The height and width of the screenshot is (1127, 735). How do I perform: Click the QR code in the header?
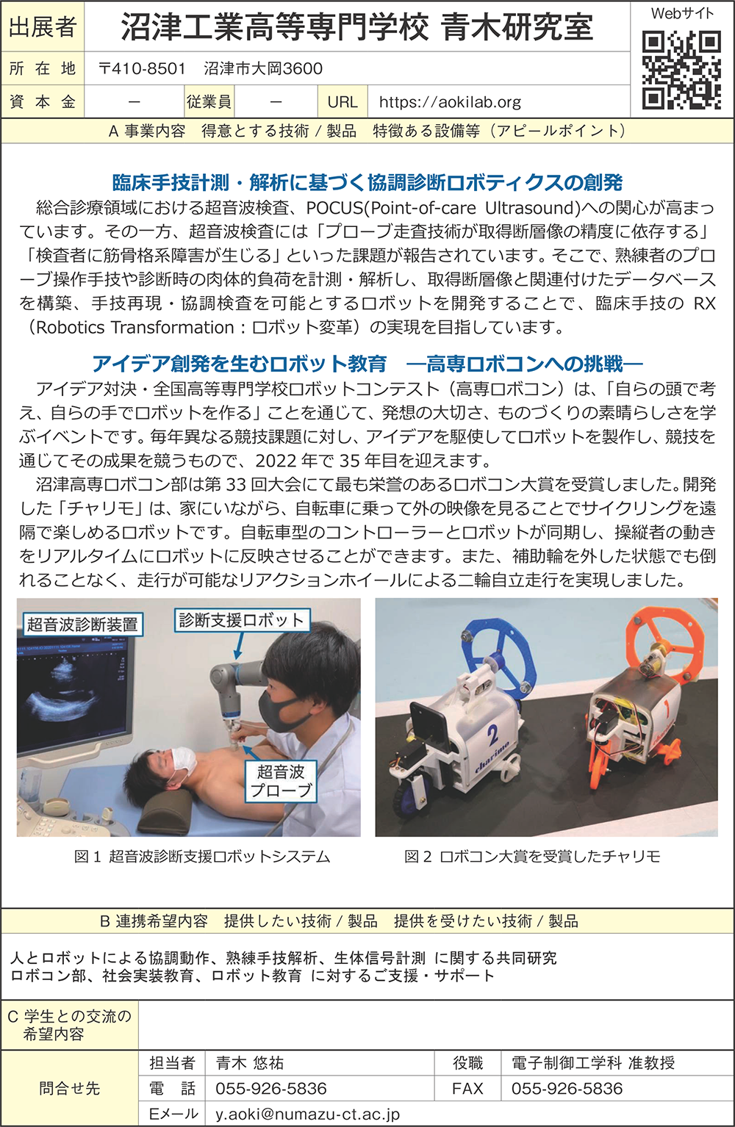[x=681, y=70]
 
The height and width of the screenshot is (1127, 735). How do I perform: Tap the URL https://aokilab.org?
[x=450, y=102]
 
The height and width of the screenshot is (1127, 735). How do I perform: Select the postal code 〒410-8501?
[x=143, y=68]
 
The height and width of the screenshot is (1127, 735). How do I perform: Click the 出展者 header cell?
[x=43, y=26]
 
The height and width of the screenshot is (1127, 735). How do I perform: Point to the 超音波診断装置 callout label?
[x=82, y=624]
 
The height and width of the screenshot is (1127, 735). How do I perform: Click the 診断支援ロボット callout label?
[x=242, y=620]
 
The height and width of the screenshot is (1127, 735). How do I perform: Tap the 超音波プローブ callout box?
[x=281, y=780]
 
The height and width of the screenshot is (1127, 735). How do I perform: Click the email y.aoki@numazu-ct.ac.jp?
[x=307, y=1114]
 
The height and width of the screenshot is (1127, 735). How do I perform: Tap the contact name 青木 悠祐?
[x=250, y=1062]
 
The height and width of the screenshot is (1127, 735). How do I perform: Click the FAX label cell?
[x=467, y=1088]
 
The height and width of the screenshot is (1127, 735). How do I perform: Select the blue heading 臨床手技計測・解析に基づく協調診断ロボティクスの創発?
[x=367, y=183]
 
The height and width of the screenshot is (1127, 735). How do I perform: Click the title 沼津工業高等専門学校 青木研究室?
[x=357, y=27]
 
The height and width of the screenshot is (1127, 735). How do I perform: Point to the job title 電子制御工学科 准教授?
[x=593, y=1062]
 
